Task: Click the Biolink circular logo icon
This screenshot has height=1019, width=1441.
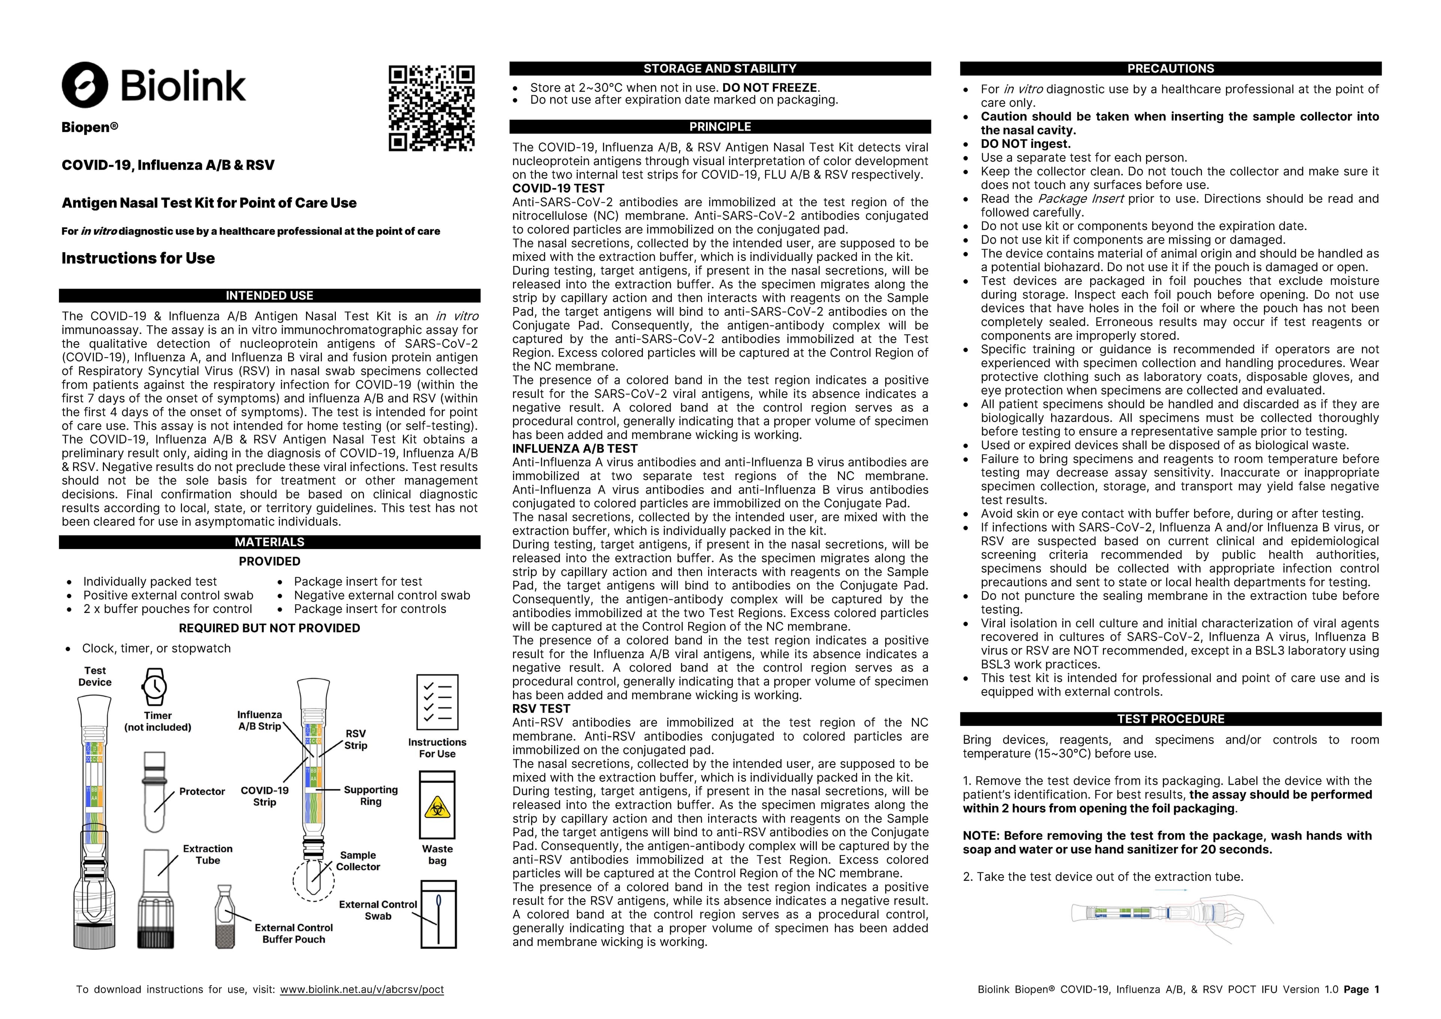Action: click(x=85, y=85)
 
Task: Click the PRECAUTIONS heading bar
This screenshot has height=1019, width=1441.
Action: click(x=1170, y=68)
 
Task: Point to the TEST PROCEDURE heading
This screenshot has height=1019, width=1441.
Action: click(x=1170, y=719)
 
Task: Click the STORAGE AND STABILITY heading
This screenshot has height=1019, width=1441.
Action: click(x=720, y=68)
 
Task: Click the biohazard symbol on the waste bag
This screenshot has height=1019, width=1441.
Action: click(x=437, y=807)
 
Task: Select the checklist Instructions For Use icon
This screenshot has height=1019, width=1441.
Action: click(x=438, y=702)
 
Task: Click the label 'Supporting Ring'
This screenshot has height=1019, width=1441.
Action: click(x=370, y=795)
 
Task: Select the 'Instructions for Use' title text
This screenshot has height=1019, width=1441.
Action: click(x=138, y=258)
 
